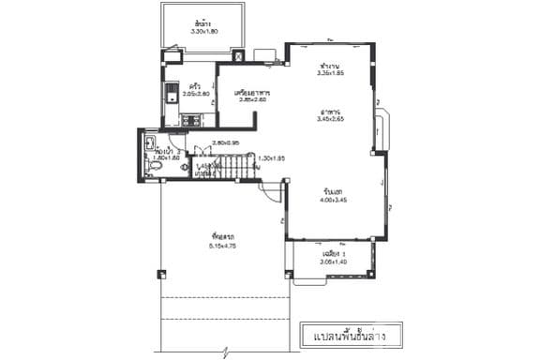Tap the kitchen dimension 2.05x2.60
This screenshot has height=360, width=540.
(195, 94)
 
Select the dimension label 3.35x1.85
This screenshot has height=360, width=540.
(330, 73)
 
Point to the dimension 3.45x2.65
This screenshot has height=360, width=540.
(330, 119)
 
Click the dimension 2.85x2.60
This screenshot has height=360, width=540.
(254, 100)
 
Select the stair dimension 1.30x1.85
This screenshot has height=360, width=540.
(271, 157)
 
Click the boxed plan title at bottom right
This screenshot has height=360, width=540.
(343, 334)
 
